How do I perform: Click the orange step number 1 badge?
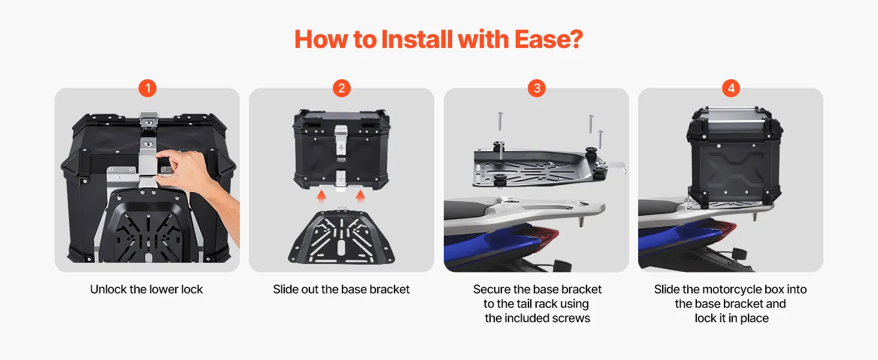point(148,88)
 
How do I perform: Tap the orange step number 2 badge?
point(341,88)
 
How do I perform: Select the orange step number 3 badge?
point(537,88)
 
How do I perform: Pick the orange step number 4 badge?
point(731,88)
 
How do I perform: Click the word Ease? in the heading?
point(548,39)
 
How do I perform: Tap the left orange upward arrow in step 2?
point(321,197)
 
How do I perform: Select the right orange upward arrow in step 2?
point(360,197)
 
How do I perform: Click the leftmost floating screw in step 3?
point(500,121)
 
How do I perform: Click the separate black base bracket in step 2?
point(341,236)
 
